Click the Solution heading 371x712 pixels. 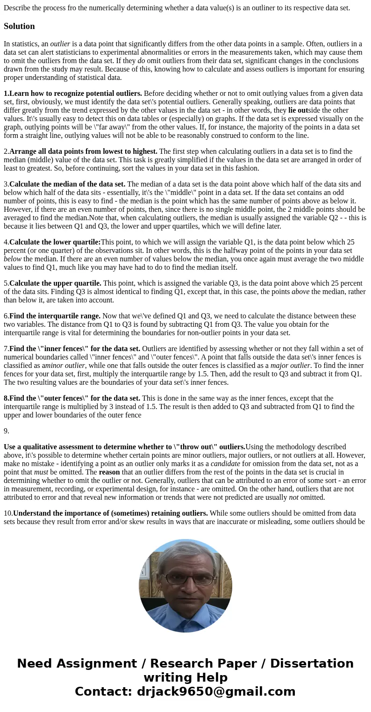pyautogui.click(x=19, y=26)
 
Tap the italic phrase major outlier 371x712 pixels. pyautogui.click(x=290, y=366)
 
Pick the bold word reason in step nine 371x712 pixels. pyautogui.click(x=109, y=472)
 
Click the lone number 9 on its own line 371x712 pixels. pyautogui.click(x=6, y=431)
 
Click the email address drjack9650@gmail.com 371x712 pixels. pyautogui.click(x=216, y=692)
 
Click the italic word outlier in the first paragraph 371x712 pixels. pyautogui.click(x=60, y=44)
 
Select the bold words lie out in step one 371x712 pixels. pyautogui.click(x=298, y=110)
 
